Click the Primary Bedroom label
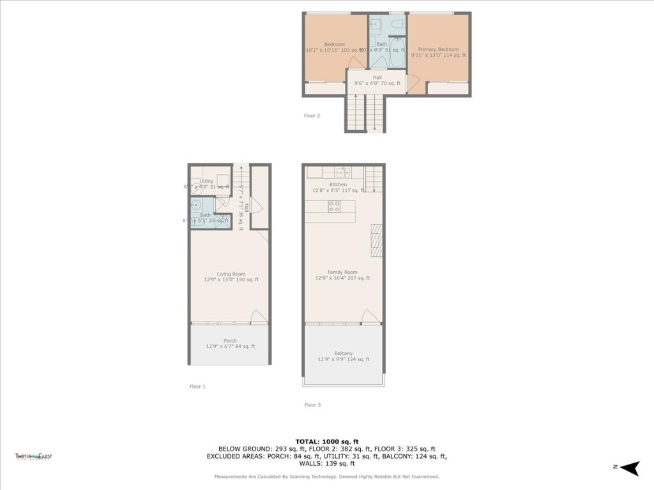(x=438, y=49)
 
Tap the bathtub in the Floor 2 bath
(x=395, y=51)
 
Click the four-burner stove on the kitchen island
(x=334, y=206)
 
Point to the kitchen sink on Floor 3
(x=344, y=172)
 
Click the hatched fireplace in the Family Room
(x=377, y=240)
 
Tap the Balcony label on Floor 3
(x=343, y=353)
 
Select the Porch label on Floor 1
(x=230, y=341)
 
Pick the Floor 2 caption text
(x=312, y=115)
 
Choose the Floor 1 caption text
(x=197, y=386)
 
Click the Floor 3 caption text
(x=312, y=405)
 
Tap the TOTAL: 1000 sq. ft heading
(x=326, y=442)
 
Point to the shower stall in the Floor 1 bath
(x=223, y=220)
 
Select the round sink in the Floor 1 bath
(x=196, y=206)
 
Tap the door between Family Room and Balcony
(x=370, y=316)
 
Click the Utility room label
(x=206, y=181)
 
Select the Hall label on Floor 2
(x=377, y=77)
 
